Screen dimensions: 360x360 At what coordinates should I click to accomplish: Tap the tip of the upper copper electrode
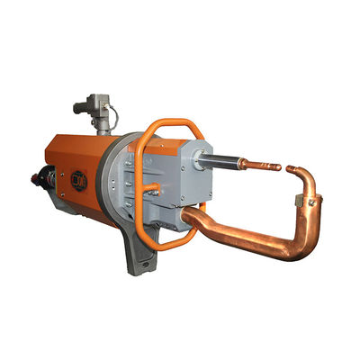(278, 167)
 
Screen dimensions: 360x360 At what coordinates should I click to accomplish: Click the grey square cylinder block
(180, 180)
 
